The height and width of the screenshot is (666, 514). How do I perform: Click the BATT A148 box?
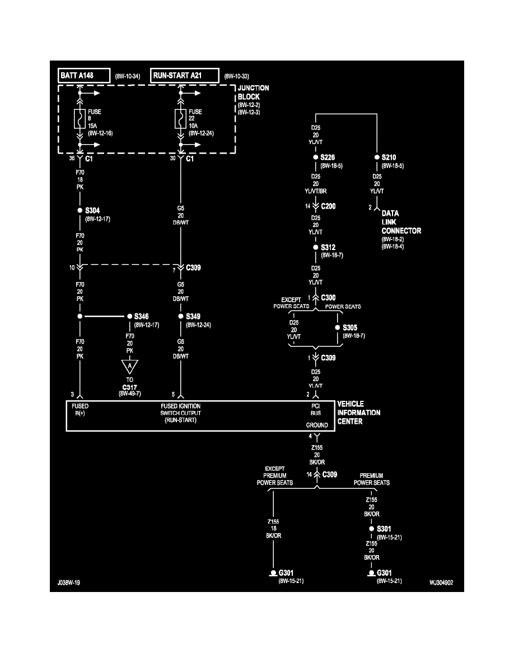pos(83,75)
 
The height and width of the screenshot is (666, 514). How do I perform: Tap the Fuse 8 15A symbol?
pos(80,119)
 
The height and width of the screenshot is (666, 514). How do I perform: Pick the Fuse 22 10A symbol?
pos(181,119)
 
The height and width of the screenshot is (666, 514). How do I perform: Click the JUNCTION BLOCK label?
pos(253,92)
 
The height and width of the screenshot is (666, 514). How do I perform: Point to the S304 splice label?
pos(93,210)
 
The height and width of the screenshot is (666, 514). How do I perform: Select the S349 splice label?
pos(194,316)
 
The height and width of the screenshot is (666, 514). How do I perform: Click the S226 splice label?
pos(329,158)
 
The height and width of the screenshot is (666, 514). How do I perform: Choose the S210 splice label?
pos(389,158)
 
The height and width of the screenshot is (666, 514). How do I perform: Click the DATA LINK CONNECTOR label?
pos(401,222)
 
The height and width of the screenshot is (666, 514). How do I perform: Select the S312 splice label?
pos(329,247)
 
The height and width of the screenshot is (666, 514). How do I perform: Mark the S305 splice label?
pos(351,327)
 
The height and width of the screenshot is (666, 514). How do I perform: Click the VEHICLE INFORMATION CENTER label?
pos(358,413)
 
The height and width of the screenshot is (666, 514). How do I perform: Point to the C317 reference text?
pos(130,386)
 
